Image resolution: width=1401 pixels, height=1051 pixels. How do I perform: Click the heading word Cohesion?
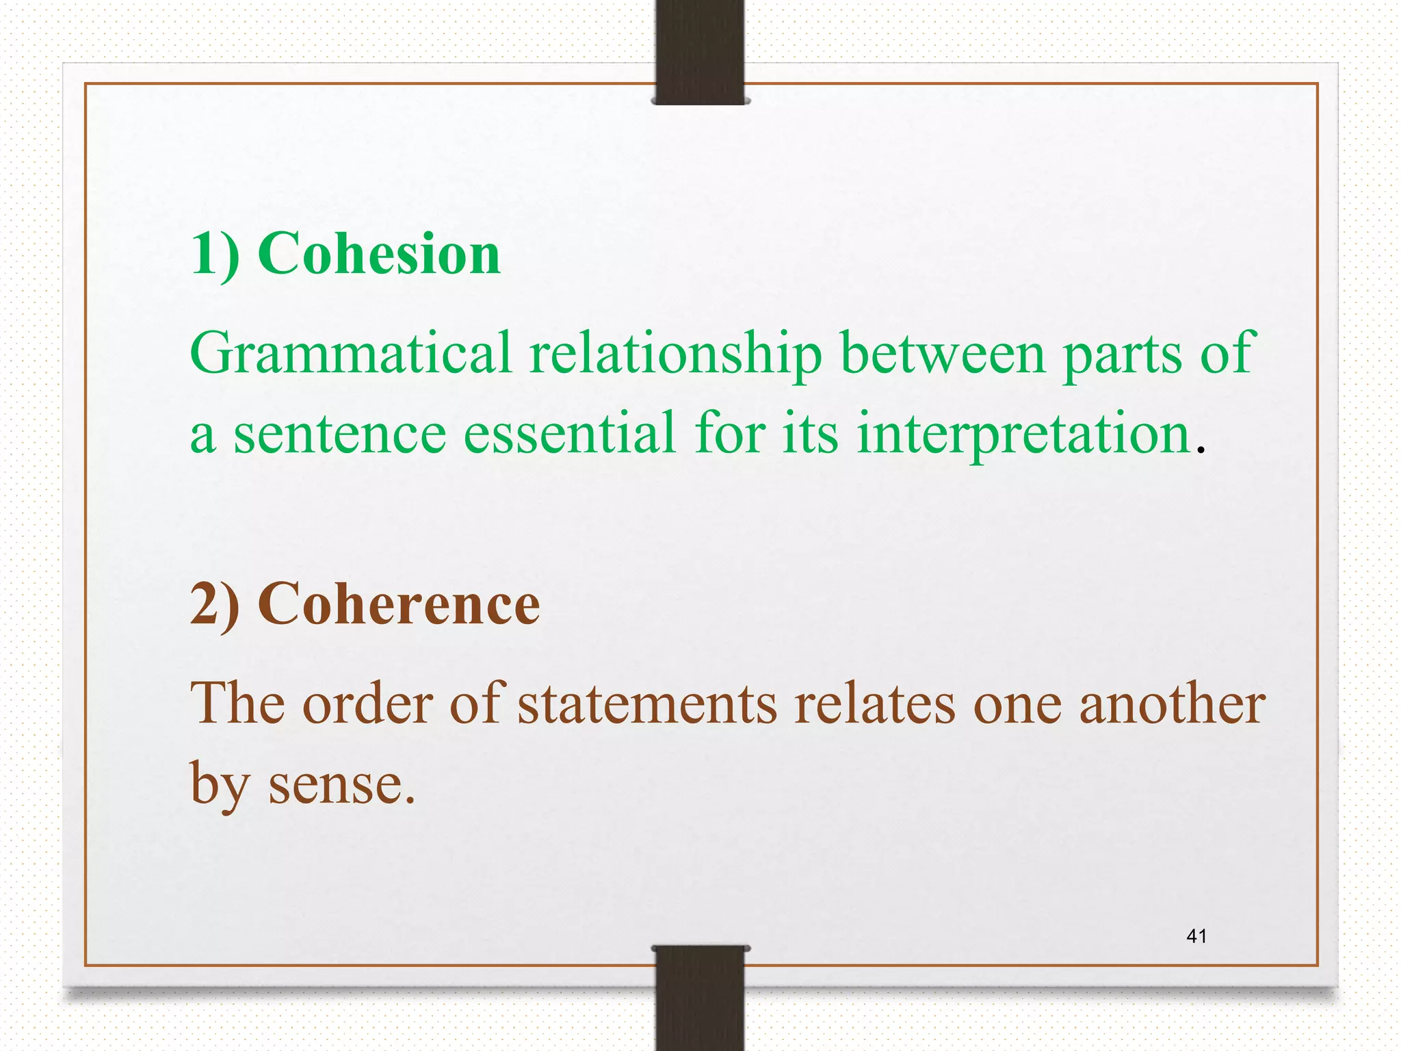379,254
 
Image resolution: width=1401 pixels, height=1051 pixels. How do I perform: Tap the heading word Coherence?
399,604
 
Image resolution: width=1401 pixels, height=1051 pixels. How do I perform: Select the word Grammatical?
351,354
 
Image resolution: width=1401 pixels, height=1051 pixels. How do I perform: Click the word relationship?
675,354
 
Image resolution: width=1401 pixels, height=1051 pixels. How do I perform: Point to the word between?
943,354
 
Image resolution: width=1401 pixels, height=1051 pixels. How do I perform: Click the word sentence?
340,434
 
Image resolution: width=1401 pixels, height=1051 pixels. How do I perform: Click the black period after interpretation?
1200,451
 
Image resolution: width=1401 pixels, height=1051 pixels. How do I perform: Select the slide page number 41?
1196,936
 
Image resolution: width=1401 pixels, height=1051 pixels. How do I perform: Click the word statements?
647,705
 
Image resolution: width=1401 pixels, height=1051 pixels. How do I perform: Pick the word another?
1172,705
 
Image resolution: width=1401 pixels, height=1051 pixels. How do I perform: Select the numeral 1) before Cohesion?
215,255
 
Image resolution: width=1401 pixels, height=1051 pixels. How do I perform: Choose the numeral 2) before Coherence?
215,604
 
